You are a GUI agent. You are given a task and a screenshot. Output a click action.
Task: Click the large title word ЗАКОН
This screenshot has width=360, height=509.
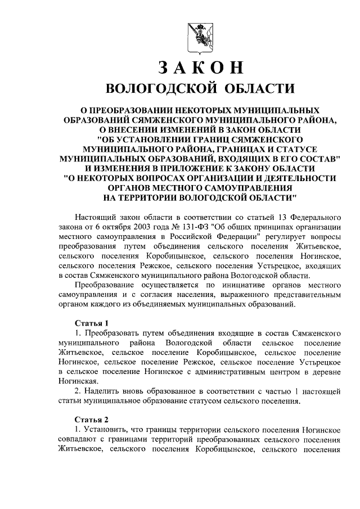click(x=200, y=67)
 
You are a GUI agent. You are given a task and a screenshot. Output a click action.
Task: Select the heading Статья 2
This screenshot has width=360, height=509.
click(x=91, y=418)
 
